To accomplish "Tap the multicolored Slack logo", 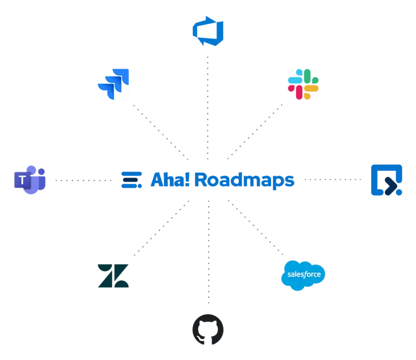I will [x=304, y=84].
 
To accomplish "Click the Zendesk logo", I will [x=113, y=275].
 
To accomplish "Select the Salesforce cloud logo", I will [x=304, y=275].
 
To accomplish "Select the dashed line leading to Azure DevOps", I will [x=208, y=103].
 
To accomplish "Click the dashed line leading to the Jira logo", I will [x=160, y=129].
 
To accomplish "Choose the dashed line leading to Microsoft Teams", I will [x=82, y=180].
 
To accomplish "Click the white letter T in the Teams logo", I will [x=23, y=180].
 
